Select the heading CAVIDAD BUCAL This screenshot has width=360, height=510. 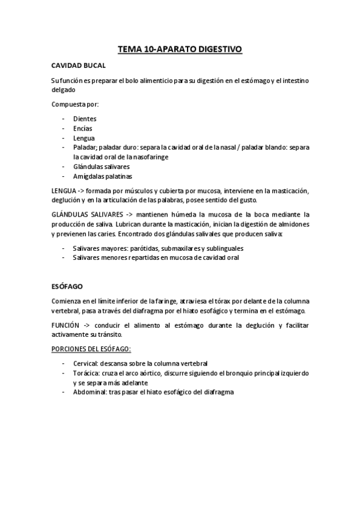coord(79,65)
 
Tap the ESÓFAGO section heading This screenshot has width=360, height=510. coord(67,287)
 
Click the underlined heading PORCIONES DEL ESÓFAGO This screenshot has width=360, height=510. coord(91,349)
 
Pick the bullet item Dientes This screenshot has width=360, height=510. coord(85,119)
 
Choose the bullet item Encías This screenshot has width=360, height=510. coord(83,128)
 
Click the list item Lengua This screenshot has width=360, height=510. coord(84,138)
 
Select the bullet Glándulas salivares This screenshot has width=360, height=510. coord(102,167)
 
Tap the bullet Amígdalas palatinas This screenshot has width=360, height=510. coord(103,176)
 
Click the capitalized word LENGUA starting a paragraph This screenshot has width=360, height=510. coord(64,191)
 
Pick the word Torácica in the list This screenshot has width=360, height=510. coord(87,373)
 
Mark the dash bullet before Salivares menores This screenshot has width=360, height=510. coord(64,257)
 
